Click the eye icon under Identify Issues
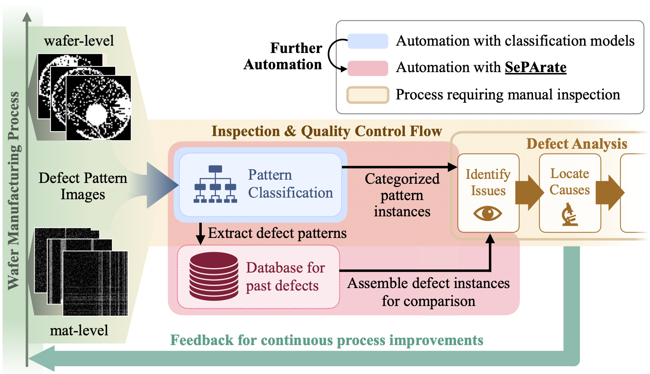pos(487,213)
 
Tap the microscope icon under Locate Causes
pos(569,215)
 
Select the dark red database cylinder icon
pos(214,277)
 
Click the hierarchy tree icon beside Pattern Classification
pos(215,184)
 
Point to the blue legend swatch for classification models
pos(368,41)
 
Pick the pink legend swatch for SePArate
pos(368,68)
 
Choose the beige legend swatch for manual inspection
pos(368,95)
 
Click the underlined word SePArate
pos(535,67)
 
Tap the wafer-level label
pos(79,41)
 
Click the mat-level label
pos(79,330)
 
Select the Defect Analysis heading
pos(576,144)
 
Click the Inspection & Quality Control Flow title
pos(327,131)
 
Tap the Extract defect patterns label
pos(277,233)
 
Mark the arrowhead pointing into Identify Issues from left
pos(453,167)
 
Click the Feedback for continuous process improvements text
pos(327,340)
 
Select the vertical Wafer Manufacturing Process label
pos(13,191)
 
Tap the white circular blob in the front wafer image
pos(97,114)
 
